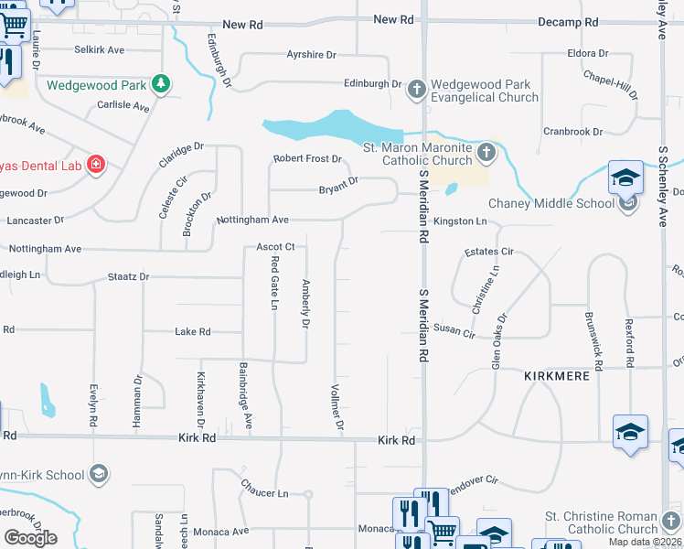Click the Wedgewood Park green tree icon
point(161,84)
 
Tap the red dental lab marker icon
point(95,165)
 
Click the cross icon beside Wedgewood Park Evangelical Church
point(417,90)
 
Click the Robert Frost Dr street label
point(307,159)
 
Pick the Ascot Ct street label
point(275,247)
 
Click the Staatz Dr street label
point(128,275)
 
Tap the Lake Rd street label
point(193,331)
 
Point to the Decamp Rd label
point(568,21)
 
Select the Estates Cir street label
point(489,251)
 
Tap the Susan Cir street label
point(454,328)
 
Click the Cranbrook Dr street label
point(572,132)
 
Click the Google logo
point(29,537)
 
